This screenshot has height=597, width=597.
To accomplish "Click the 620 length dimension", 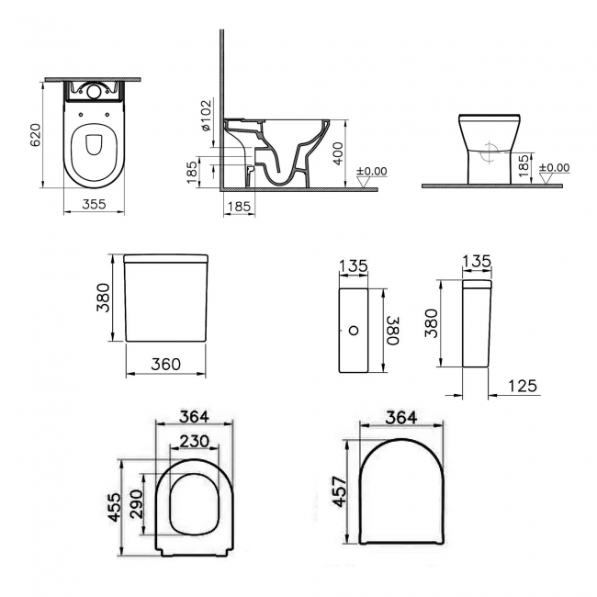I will click(35, 138).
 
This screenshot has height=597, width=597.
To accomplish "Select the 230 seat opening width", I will click(194, 441).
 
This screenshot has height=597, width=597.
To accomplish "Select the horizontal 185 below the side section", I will click(238, 207).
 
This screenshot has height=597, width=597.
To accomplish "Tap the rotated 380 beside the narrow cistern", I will click(392, 329).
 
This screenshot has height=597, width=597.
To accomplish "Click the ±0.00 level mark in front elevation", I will click(554, 168).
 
